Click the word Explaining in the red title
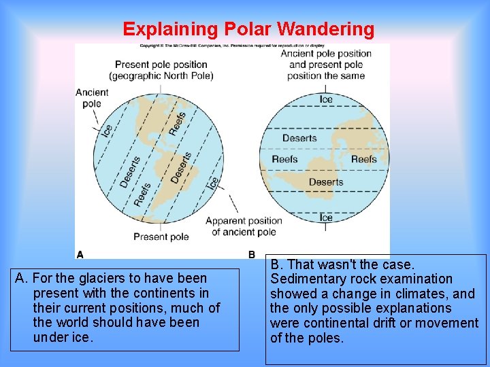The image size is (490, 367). pyautogui.click(x=169, y=29)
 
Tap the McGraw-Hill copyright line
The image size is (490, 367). pyautogui.click(x=231, y=46)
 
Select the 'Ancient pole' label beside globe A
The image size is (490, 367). pyautogui.click(x=92, y=98)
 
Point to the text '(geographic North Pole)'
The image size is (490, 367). pyautogui.click(x=161, y=75)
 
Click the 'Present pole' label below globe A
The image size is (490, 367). pyautogui.click(x=161, y=237)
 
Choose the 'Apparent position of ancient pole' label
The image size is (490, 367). pyautogui.click(x=244, y=226)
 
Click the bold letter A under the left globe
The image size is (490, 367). pyautogui.click(x=80, y=255)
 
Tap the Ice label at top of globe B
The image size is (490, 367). pyautogui.click(x=327, y=99)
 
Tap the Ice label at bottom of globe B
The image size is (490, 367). pyautogui.click(x=326, y=217)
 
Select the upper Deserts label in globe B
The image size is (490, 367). pyautogui.click(x=300, y=139)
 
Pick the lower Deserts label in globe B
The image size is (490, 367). pyautogui.click(x=326, y=181)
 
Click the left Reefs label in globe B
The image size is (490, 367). pyautogui.click(x=284, y=159)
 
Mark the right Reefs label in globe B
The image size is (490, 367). pyautogui.click(x=364, y=159)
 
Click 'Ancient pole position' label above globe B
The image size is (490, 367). pyautogui.click(x=326, y=54)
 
